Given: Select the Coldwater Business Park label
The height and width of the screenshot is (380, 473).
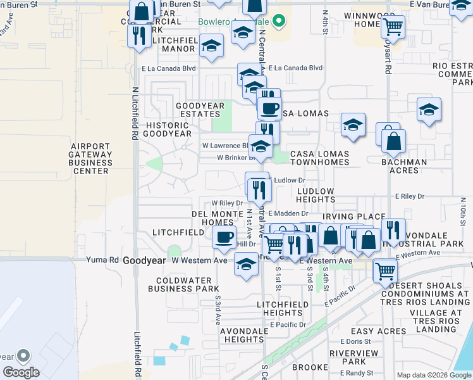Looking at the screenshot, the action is pyautogui.click(x=183, y=285).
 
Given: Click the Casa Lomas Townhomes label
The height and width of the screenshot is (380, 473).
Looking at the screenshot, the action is pyautogui.click(x=319, y=158).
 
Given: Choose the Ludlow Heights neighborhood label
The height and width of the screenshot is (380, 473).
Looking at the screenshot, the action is pyautogui.click(x=315, y=195).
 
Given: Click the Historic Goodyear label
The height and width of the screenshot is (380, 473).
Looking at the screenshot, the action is pyautogui.click(x=167, y=129).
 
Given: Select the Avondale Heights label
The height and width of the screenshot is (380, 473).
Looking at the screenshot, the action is pyautogui.click(x=243, y=335).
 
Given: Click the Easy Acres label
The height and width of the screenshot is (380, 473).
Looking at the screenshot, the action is pyautogui.click(x=379, y=331).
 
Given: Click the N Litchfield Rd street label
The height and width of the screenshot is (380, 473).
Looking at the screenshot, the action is pyautogui.click(x=135, y=114).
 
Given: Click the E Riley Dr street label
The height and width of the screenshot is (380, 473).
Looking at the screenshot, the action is pyautogui.click(x=409, y=196).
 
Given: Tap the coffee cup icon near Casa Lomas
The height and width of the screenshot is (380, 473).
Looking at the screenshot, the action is pyautogui.click(x=269, y=108).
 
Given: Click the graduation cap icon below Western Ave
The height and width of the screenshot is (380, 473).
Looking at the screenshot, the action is pyautogui.click(x=246, y=265).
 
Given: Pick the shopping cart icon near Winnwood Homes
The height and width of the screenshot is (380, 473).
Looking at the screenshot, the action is pyautogui.click(x=393, y=27).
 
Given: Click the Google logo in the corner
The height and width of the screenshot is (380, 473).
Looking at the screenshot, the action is pyautogui.click(x=20, y=372).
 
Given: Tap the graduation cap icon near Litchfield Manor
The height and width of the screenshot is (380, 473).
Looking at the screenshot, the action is pyautogui.click(x=211, y=46).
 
